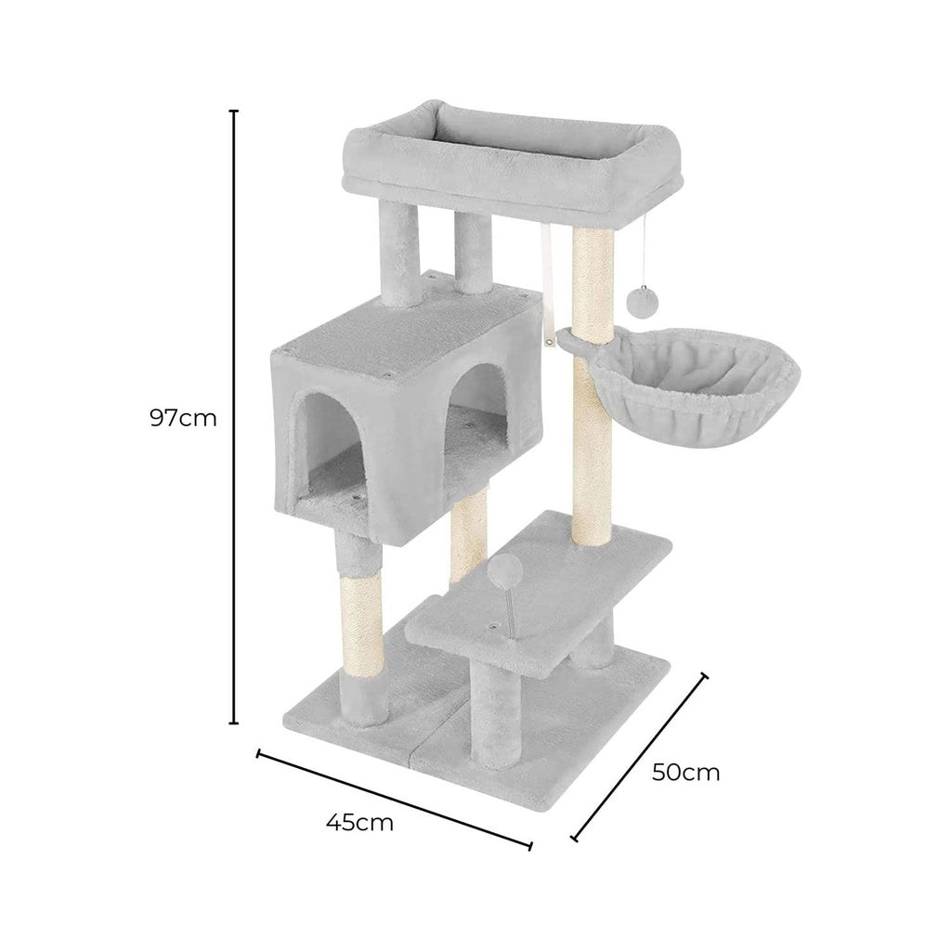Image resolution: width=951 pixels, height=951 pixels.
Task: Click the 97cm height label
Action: coord(183,418)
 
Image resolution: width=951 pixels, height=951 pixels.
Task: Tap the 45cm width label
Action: coord(359,822)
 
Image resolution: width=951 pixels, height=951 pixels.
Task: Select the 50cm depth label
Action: coord(685,772)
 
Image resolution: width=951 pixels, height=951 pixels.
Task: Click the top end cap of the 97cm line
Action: coord(234,111)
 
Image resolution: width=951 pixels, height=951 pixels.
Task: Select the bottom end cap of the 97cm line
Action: coord(234,722)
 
